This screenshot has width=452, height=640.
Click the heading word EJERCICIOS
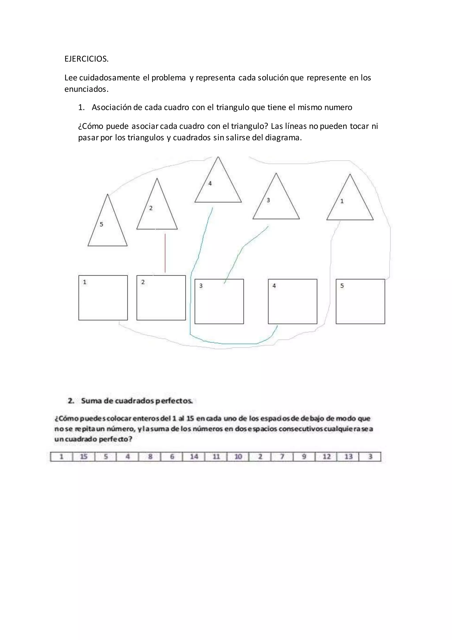coord(86,59)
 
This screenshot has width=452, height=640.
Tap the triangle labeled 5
coord(108,229)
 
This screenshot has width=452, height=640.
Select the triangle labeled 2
coord(157,212)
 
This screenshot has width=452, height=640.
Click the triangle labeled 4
coord(218,187)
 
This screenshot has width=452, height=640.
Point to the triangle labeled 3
coord(276,204)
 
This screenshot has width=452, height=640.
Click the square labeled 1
coord(103,298)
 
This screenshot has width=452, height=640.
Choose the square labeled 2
coord(161,298)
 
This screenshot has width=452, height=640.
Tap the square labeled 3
coord(219,301)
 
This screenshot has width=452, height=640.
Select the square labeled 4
coord(292,301)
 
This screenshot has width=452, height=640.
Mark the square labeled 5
coord(360,301)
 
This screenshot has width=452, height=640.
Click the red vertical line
coord(165,253)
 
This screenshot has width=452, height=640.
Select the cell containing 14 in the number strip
coord(194,457)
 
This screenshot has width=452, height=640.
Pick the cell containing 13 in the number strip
coord(348,457)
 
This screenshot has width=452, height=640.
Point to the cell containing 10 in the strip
coord(238,457)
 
